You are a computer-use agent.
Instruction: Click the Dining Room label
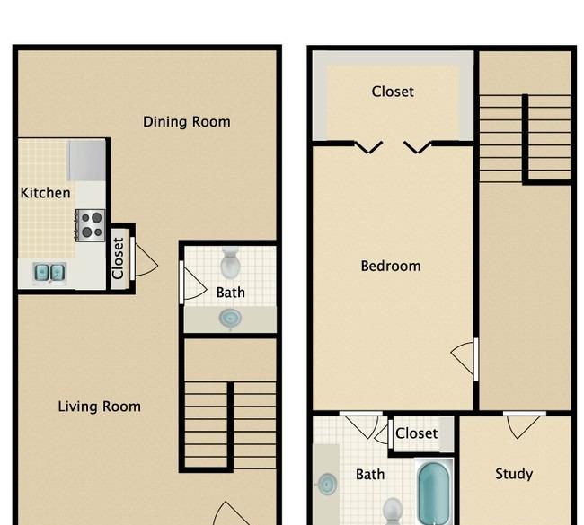click(x=187, y=122)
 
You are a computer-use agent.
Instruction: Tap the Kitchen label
click(x=46, y=193)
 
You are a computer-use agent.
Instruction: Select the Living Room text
click(x=100, y=407)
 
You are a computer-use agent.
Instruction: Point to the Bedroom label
click(x=391, y=266)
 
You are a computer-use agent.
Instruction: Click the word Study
click(x=514, y=474)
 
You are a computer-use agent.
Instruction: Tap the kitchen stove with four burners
click(x=90, y=225)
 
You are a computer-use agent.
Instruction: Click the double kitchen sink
click(x=49, y=272)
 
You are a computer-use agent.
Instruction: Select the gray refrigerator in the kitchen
click(x=87, y=161)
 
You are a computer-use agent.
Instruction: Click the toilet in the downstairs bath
click(x=231, y=263)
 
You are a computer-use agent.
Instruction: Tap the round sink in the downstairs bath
click(x=230, y=319)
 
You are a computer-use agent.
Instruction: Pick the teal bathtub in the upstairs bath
click(x=434, y=493)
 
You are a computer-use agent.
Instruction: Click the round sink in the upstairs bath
click(x=327, y=484)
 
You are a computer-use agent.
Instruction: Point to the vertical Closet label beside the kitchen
click(x=118, y=258)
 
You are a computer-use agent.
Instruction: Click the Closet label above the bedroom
click(x=393, y=92)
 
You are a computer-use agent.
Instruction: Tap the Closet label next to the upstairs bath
click(x=416, y=433)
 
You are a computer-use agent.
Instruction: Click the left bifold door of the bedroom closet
click(x=368, y=147)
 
